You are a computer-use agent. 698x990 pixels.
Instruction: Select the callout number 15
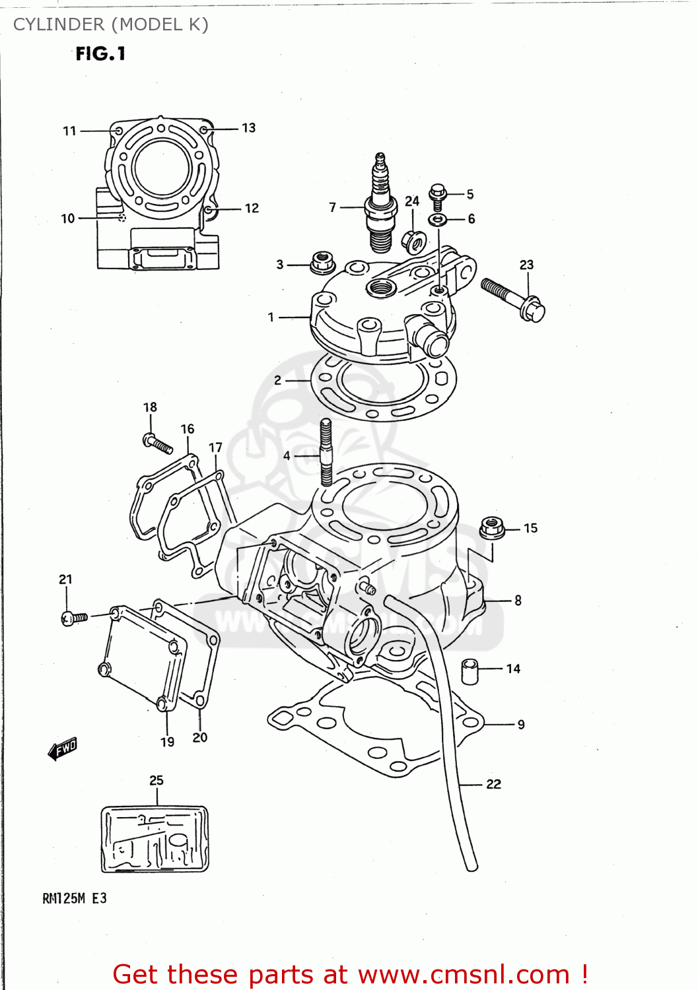tap(530, 528)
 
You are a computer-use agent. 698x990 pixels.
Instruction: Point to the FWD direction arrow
tap(63, 749)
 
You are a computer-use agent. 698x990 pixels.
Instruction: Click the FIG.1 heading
tap(100, 53)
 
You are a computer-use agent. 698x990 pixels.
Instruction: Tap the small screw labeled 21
tap(73, 618)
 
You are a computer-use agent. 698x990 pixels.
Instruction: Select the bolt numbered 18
tap(157, 443)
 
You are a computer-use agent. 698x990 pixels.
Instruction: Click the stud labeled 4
tap(326, 453)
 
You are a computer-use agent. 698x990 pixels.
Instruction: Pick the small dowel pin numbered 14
tap(470, 671)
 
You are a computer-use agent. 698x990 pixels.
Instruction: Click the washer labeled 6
tap(437, 219)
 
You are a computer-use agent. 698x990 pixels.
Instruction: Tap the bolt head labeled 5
tap(437, 193)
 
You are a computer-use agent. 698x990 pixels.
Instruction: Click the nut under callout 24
tap(413, 242)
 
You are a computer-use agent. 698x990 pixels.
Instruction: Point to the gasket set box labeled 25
tap(155, 838)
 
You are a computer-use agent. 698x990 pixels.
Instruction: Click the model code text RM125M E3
tap(74, 898)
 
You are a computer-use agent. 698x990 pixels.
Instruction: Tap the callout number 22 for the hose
tap(493, 784)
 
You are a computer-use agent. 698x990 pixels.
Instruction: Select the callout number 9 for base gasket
tap(521, 725)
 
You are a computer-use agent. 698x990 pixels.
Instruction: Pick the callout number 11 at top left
tap(69, 131)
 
